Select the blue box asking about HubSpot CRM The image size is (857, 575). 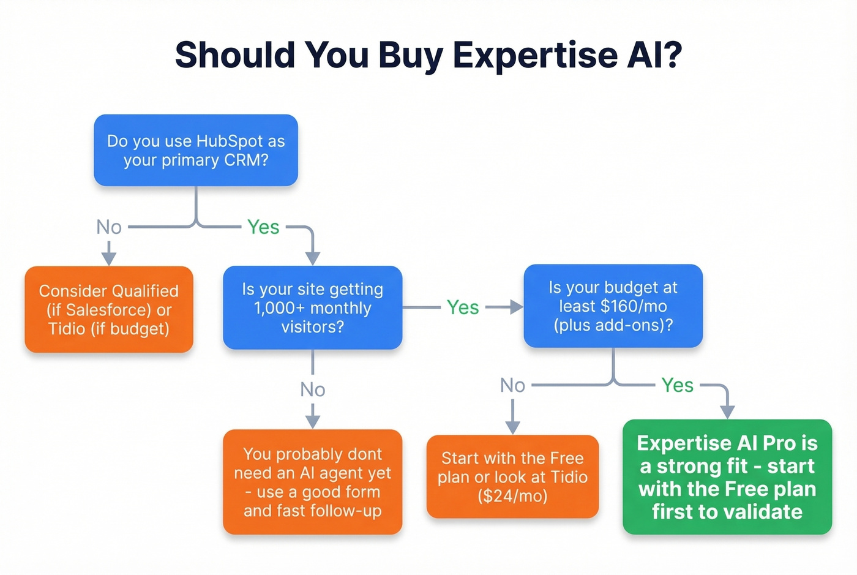click(x=195, y=150)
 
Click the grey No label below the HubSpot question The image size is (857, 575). click(x=109, y=227)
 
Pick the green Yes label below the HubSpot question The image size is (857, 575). click(x=263, y=227)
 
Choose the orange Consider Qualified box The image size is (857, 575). click(x=109, y=309)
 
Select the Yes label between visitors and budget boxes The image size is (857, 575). click(x=463, y=307)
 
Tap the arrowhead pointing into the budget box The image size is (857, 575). click(x=517, y=307)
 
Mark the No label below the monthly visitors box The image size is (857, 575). click(x=312, y=389)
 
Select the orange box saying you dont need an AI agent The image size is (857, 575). click(x=312, y=482)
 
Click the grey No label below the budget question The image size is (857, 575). click(x=512, y=385)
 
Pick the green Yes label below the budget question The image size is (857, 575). click(x=677, y=385)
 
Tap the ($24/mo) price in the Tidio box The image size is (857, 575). click(x=512, y=496)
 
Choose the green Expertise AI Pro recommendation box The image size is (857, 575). click(x=727, y=476)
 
